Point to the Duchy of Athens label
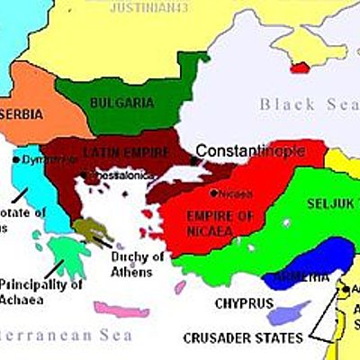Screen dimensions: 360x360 137,263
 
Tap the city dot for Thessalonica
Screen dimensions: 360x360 83,175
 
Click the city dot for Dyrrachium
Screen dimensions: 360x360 16,159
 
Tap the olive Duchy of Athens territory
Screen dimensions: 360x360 88,231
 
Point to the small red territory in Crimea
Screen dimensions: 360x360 300,67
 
